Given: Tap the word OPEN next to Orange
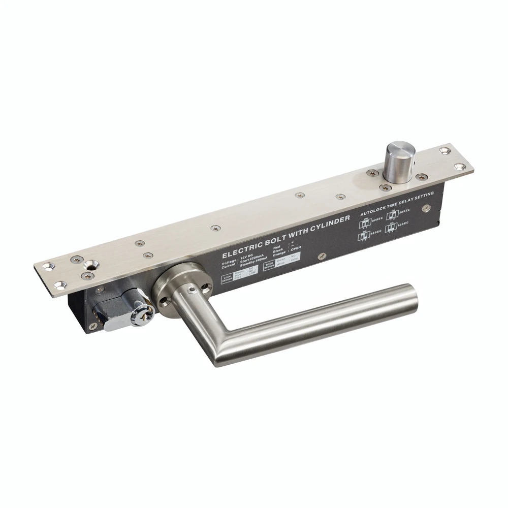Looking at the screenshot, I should [295, 248].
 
